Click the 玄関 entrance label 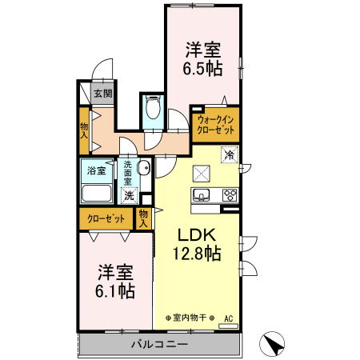coord(102,94)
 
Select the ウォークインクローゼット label coord(215,124)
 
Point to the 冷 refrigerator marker coord(230,154)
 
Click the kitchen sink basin coord(201,195)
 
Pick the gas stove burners coord(230,194)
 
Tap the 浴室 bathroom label coord(97,170)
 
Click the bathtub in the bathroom coord(97,193)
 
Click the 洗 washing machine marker coord(129,194)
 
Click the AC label coord(229,318)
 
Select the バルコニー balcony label coord(158,345)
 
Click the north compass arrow coord(274,344)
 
